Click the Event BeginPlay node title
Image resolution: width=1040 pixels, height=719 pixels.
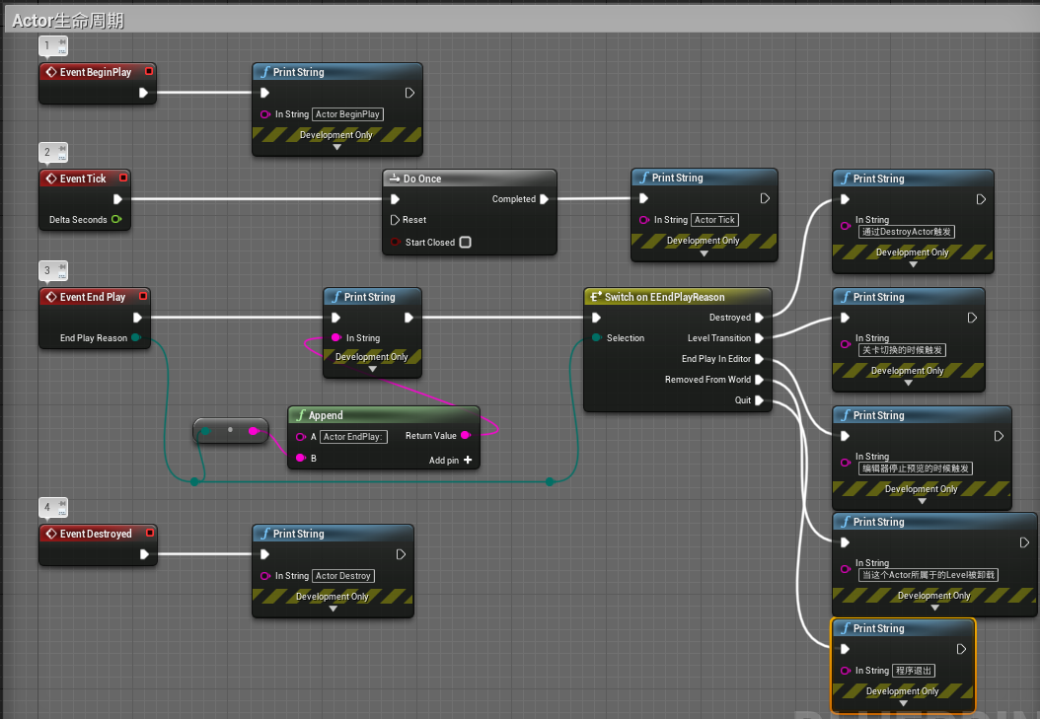point(95,72)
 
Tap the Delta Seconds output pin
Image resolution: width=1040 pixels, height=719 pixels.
point(116,219)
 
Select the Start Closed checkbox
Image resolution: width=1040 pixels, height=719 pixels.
point(465,242)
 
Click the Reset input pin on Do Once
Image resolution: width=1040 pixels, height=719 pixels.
point(395,220)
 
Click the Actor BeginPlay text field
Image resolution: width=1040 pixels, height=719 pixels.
point(347,114)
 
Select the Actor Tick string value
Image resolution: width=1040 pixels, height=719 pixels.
point(714,220)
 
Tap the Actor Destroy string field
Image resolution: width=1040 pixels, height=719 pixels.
point(342,576)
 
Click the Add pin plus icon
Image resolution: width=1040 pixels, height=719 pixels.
point(468,460)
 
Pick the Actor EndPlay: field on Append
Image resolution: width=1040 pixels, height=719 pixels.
point(354,437)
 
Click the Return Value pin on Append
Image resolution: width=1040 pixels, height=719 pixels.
point(466,435)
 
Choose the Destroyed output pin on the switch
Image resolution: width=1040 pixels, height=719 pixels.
point(759,318)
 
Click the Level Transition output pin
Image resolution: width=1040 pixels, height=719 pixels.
point(759,338)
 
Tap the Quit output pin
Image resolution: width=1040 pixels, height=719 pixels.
point(759,400)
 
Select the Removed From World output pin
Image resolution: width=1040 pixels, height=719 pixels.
point(759,380)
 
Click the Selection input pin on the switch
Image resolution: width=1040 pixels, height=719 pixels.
point(596,338)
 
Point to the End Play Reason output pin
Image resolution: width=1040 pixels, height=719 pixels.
point(135,338)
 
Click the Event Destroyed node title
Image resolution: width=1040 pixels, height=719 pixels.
point(95,534)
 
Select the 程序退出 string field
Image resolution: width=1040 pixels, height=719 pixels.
point(914,671)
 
